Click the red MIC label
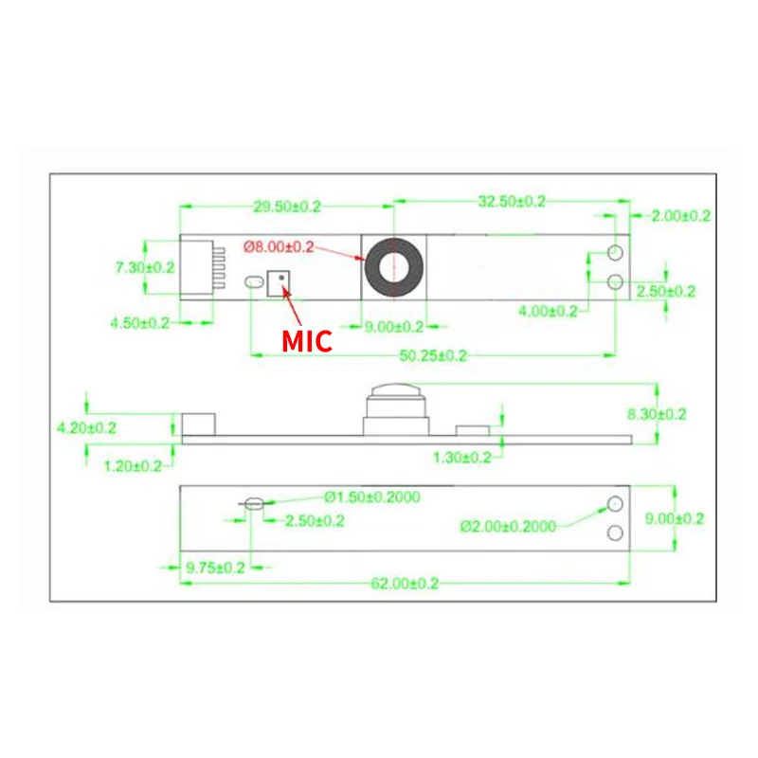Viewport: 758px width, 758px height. click(308, 340)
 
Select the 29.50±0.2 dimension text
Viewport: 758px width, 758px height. click(288, 205)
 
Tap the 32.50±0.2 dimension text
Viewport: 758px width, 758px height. click(513, 201)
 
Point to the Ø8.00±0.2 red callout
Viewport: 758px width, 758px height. click(279, 246)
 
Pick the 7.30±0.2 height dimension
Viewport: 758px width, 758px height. click(145, 267)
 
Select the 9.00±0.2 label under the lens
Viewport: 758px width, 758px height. click(394, 327)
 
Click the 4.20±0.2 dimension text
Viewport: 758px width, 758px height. click(87, 427)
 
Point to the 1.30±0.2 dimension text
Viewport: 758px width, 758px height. click(461, 458)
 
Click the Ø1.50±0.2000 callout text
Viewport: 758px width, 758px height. click(372, 496)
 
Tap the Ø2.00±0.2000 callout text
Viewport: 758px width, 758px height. click(509, 527)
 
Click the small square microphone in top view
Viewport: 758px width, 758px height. click(280, 282)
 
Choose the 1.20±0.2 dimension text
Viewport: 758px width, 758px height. click(134, 465)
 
